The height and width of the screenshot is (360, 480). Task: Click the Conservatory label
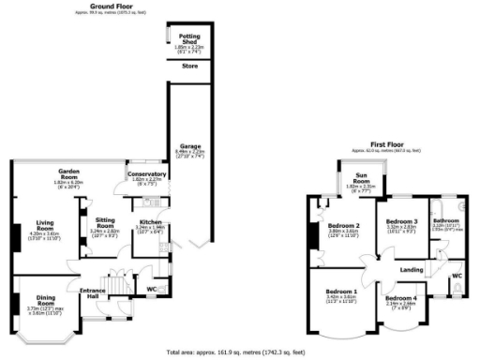pos(147,174)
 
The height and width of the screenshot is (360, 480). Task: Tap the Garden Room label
pos(68,173)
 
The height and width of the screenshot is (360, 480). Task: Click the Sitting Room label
pos(105,223)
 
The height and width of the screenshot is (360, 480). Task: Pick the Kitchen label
pos(150,223)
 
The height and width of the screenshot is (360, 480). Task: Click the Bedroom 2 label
pos(344,226)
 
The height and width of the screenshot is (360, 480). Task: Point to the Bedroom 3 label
pos(401,221)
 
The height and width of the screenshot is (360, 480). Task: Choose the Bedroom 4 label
pos(403,299)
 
